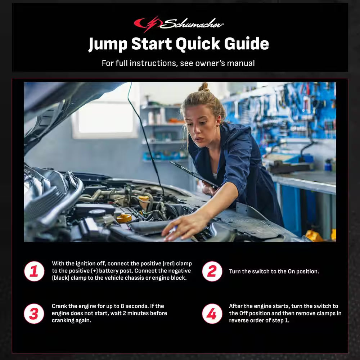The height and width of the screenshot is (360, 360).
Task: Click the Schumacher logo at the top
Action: pyautogui.click(x=179, y=24)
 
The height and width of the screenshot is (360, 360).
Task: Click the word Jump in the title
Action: pyautogui.click(x=108, y=44)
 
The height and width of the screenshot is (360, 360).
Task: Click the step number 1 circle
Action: pyautogui.click(x=34, y=271)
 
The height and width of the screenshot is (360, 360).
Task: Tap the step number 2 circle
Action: pyautogui.click(x=212, y=271)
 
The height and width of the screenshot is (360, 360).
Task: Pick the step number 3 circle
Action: pyautogui.click(x=34, y=314)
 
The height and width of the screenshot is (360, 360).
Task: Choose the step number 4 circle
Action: pyautogui.click(x=212, y=314)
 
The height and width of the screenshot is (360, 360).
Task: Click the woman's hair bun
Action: pyautogui.click(x=204, y=87)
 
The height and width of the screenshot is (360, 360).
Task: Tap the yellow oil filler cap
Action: pyautogui.click(x=124, y=217)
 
